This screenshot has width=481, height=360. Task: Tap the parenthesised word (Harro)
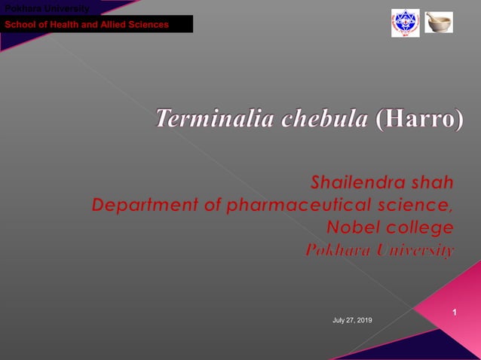[419, 119]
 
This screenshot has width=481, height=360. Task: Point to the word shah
[433, 182]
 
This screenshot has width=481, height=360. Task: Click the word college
[421, 227]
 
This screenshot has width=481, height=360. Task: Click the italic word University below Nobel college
[413, 250]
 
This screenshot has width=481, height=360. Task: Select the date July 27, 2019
[352, 322]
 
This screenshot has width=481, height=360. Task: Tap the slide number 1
[455, 312]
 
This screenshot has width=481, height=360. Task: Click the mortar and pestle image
[439, 22]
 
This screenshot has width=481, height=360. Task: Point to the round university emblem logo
[405, 23]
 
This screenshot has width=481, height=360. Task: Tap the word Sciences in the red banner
[148, 25]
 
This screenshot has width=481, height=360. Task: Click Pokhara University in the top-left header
[47, 8]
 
